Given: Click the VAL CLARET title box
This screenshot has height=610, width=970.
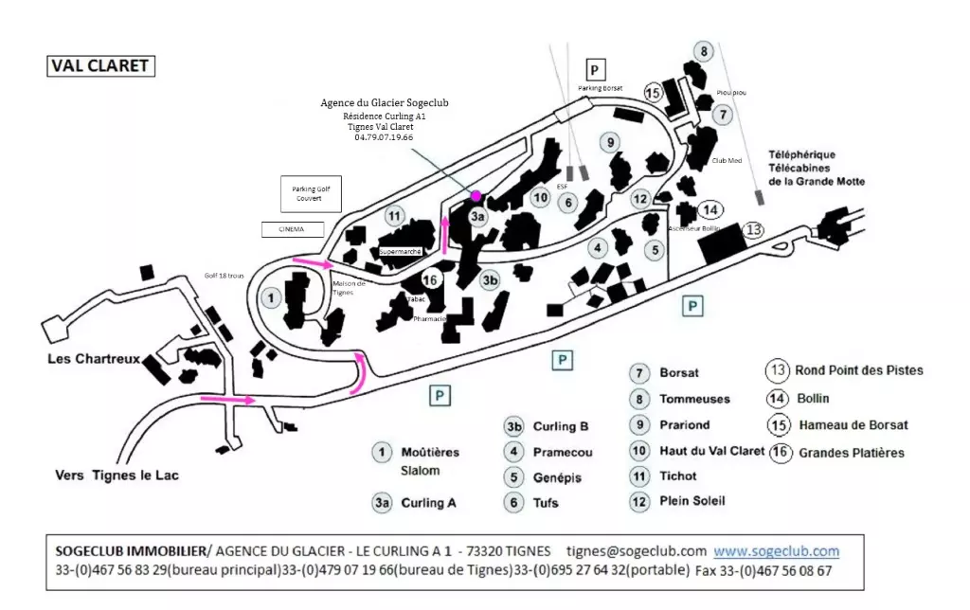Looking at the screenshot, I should [99, 66].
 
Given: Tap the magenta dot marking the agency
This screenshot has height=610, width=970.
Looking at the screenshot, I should [476, 195].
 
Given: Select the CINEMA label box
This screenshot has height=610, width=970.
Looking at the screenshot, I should [292, 229].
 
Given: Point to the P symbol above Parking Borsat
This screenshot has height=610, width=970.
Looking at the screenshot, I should [594, 69].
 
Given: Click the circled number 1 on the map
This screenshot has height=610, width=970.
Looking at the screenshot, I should [272, 296].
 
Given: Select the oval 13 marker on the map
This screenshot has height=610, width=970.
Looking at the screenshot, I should [753, 229].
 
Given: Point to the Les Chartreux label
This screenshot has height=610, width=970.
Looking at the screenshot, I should [95, 360].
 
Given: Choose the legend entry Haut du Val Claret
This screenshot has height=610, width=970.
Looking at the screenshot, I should [711, 451].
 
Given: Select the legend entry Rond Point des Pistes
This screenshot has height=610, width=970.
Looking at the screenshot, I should [858, 370].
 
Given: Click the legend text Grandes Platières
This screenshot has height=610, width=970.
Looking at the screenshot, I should [851, 453].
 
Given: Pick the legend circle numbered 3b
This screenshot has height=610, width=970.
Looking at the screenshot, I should [514, 426].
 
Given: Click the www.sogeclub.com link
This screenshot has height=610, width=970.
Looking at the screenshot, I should [776, 551].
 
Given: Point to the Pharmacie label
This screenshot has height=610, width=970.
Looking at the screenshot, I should [429, 319].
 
